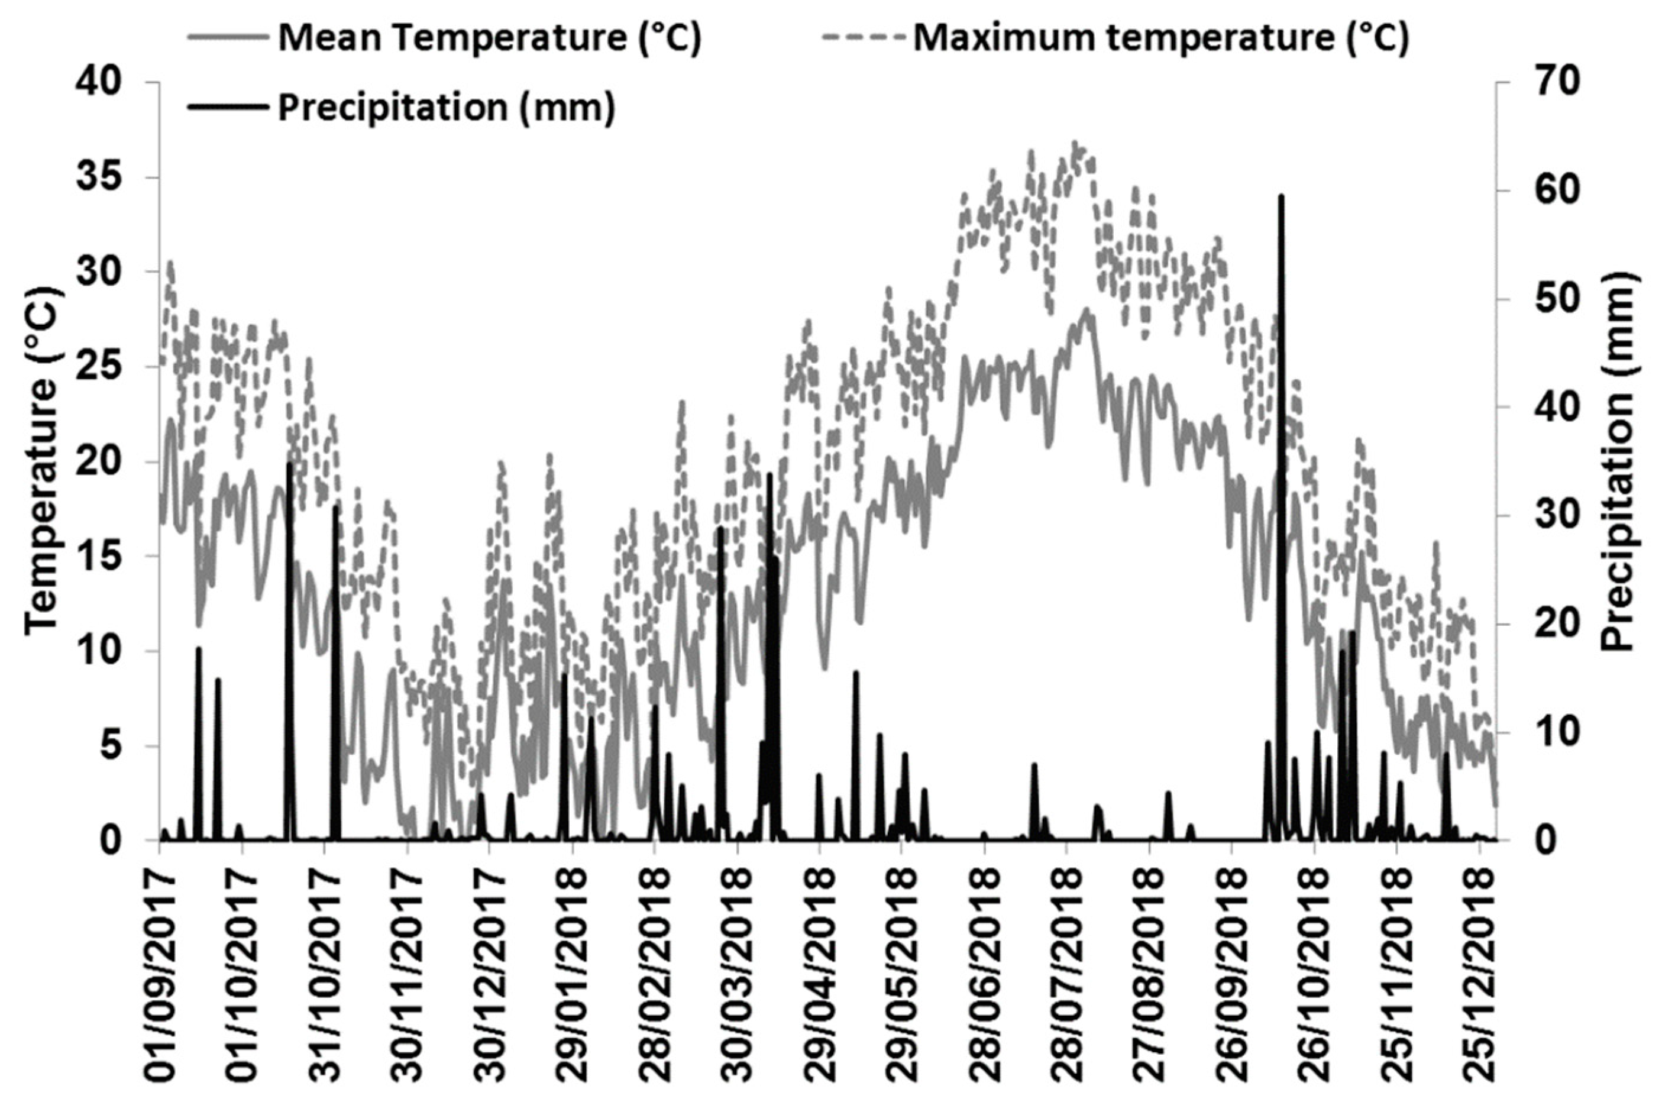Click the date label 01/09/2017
coord(160,977)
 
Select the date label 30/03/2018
coord(737,977)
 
